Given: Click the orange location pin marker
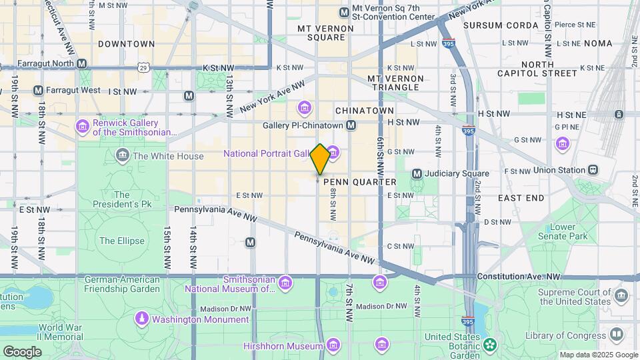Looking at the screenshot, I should [x=320, y=159].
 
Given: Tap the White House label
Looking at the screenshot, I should [x=168, y=156].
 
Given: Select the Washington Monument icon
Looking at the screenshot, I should [x=141, y=319].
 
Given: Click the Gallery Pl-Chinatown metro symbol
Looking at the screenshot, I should [x=351, y=125].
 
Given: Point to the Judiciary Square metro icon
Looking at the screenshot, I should [x=417, y=174].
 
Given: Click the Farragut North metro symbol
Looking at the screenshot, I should [x=82, y=64].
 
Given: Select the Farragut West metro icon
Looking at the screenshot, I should [x=38, y=90].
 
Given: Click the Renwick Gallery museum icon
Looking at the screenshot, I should [x=83, y=126].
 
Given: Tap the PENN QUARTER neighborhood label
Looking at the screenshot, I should [x=359, y=182].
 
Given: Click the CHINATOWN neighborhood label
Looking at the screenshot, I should [x=365, y=110].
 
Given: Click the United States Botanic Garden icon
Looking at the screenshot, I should [x=491, y=345].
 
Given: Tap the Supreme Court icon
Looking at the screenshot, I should [x=621, y=295].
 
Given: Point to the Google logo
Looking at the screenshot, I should [x=22, y=351].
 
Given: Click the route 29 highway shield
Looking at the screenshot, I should [x=143, y=67].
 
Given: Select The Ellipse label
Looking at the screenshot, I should [x=117, y=241].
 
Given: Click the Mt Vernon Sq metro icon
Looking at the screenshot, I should [x=344, y=12].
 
